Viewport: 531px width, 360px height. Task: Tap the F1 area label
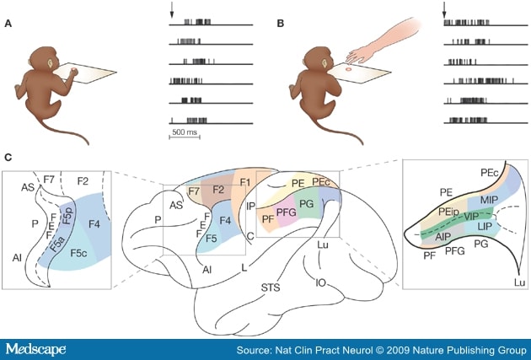pyautogui.click(x=246, y=183)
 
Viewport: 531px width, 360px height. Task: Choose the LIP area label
pyautogui.click(x=485, y=228)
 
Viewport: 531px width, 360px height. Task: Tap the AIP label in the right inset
pyautogui.click(x=443, y=237)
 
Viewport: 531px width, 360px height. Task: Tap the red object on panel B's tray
pyautogui.click(x=346, y=81)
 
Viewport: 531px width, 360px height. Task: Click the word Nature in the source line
pyautogui.click(x=437, y=347)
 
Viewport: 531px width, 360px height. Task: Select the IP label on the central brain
pyautogui.click(x=249, y=205)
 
